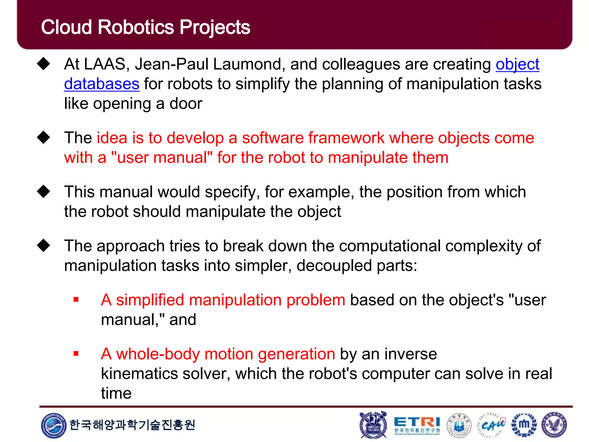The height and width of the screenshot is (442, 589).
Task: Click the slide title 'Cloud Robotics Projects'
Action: (145, 27)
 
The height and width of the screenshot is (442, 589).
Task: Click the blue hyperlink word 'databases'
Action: (102, 84)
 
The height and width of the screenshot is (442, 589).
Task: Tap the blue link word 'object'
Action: (517, 64)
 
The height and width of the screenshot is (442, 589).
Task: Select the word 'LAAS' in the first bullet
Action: (105, 64)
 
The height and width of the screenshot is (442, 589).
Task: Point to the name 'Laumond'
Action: (249, 64)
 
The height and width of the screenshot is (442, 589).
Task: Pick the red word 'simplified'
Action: (150, 300)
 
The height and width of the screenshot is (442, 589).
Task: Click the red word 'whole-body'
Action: (158, 354)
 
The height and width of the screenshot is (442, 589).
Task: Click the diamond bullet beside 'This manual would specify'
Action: (44, 191)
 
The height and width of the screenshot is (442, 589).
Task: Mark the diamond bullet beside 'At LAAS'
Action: (44, 64)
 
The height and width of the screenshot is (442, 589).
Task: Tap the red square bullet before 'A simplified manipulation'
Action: (76, 300)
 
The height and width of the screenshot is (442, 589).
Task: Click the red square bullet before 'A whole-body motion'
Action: (76, 354)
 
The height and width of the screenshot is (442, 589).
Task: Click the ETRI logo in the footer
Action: (417, 425)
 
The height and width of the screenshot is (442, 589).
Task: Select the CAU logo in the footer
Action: (492, 425)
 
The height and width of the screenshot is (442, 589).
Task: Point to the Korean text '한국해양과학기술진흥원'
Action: (132, 425)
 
